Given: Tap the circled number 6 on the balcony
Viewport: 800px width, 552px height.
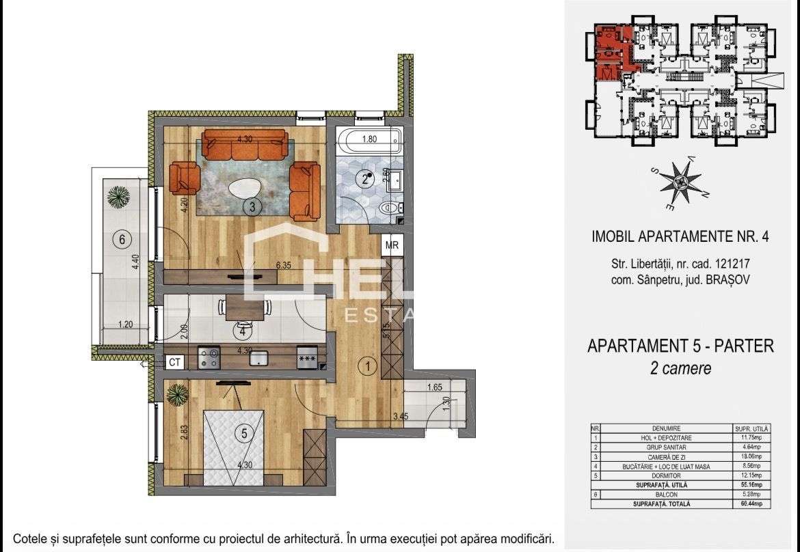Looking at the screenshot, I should pyautogui.click(x=122, y=240).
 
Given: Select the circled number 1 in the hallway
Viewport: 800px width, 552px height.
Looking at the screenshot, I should pyautogui.click(x=368, y=367).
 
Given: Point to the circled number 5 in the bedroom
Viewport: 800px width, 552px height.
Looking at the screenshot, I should pyautogui.click(x=242, y=432).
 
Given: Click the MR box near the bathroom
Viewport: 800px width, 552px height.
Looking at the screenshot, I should pyautogui.click(x=392, y=245).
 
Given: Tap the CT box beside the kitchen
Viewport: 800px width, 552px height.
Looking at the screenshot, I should pyautogui.click(x=175, y=363).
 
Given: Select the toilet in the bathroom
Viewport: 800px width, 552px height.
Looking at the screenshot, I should pyautogui.click(x=389, y=207).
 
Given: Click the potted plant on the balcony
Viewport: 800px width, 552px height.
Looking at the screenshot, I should pyautogui.click(x=119, y=197).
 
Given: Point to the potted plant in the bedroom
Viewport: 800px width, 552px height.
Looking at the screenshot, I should pyautogui.click(x=177, y=394).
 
